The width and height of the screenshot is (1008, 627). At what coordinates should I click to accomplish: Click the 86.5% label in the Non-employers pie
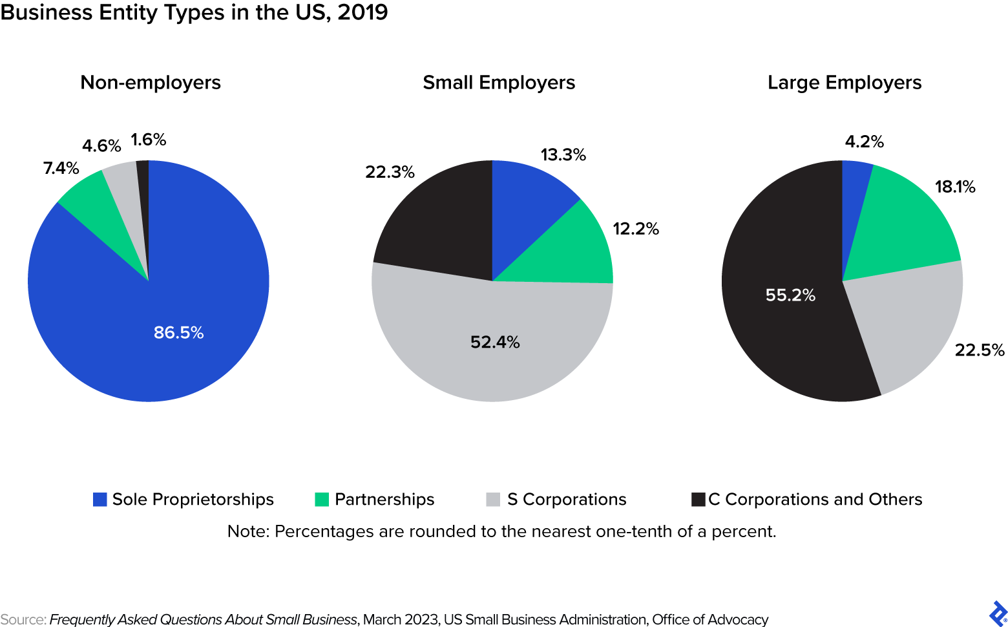(x=178, y=332)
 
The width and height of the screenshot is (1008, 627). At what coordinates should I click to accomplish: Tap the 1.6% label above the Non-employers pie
(x=148, y=140)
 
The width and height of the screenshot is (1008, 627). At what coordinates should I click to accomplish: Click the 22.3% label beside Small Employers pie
(x=390, y=172)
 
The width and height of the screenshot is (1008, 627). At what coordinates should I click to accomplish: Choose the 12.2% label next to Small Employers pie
(x=635, y=229)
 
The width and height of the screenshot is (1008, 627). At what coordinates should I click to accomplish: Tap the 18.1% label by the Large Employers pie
(x=955, y=187)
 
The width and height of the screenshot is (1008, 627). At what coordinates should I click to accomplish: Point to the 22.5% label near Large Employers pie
(x=980, y=350)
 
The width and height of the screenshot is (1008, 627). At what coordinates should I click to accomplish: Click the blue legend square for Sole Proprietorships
(x=100, y=500)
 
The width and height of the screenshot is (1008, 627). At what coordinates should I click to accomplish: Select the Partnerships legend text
(x=384, y=500)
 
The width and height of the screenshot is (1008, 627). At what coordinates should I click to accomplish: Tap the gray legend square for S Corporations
(x=493, y=500)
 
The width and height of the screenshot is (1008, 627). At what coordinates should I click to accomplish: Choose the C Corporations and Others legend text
(x=815, y=500)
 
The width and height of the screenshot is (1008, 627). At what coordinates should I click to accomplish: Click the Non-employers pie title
(x=151, y=83)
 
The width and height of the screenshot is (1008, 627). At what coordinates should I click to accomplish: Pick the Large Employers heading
(x=844, y=83)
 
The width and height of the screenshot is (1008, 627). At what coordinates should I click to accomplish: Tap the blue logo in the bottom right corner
(x=997, y=613)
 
